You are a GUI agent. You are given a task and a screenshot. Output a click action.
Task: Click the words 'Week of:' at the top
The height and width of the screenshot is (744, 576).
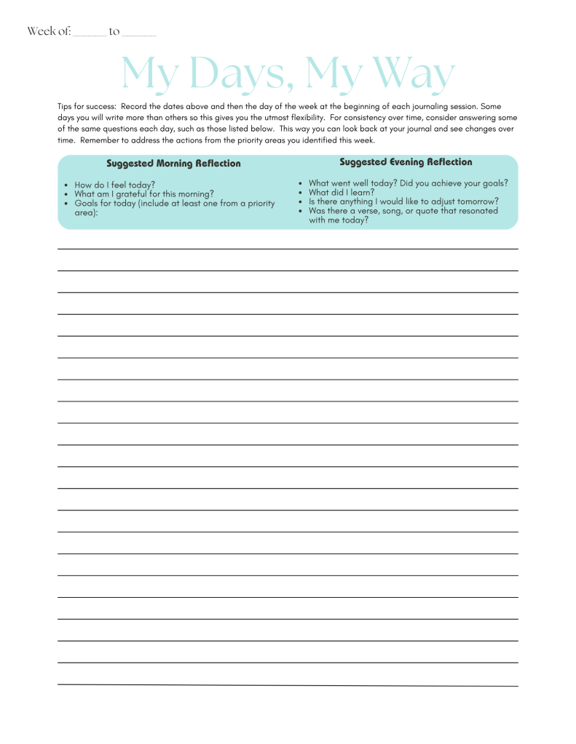click(x=49, y=31)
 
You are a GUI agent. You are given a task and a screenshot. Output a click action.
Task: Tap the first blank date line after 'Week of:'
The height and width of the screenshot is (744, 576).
click(x=89, y=34)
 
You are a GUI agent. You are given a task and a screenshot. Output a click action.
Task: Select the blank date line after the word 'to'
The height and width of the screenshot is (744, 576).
click(x=139, y=34)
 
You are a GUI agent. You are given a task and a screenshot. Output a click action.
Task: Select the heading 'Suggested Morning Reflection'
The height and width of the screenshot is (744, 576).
click(x=173, y=164)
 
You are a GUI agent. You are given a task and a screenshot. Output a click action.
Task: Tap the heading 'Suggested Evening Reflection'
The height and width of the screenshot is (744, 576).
click(x=406, y=162)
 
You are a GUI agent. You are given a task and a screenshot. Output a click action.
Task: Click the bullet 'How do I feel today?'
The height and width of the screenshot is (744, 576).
click(x=114, y=185)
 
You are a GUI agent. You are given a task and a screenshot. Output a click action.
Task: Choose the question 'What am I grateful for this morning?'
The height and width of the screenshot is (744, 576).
click(x=144, y=194)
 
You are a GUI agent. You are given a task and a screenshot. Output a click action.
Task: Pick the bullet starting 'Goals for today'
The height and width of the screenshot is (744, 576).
click(x=175, y=204)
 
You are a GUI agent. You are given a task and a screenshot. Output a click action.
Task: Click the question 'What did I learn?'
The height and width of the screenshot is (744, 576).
click(x=341, y=193)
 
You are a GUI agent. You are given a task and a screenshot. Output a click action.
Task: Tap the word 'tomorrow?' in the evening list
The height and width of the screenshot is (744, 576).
click(x=477, y=201)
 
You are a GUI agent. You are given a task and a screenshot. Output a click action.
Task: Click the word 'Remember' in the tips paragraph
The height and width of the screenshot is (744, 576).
click(x=100, y=140)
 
